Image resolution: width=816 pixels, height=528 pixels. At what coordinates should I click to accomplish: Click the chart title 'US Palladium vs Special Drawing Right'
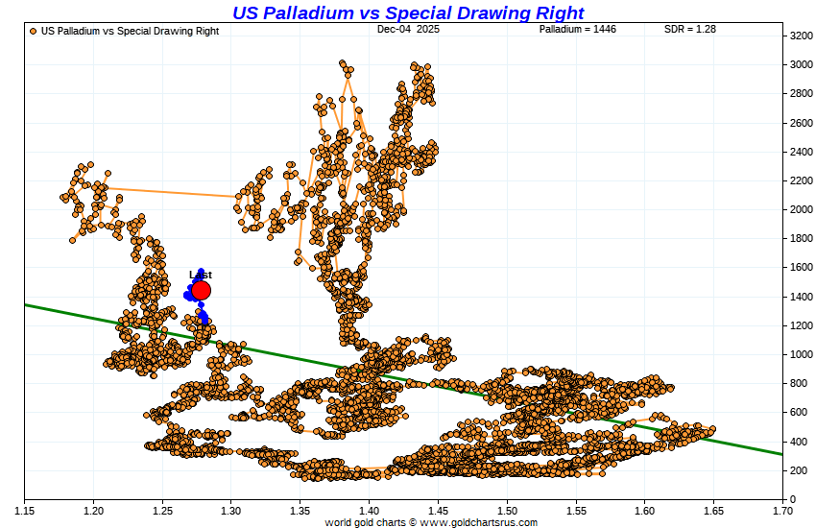click(408, 12)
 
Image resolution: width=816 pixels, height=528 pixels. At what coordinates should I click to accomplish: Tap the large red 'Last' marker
click(201, 291)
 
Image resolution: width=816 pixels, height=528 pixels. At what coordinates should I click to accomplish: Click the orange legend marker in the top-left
click(34, 31)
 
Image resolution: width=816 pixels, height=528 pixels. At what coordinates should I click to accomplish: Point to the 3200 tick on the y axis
click(800, 36)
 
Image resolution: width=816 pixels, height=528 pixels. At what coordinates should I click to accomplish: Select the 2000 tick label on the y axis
click(800, 209)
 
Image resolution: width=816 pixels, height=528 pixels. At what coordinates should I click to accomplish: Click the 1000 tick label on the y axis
click(800, 354)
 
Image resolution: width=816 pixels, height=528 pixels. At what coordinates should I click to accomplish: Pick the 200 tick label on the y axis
click(798, 470)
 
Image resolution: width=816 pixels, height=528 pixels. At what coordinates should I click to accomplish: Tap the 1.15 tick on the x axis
click(24, 509)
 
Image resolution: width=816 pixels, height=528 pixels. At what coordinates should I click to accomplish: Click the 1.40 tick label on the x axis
click(369, 509)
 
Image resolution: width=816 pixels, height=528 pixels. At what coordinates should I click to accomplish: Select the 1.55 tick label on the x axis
click(575, 509)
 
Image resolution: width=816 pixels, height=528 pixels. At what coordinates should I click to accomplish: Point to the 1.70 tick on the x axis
click(781, 509)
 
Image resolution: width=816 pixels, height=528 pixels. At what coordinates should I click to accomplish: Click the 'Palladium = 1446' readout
click(577, 30)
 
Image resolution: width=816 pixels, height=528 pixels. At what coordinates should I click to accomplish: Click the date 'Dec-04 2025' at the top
click(408, 30)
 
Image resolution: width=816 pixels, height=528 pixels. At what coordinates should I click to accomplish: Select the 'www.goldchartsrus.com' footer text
click(478, 522)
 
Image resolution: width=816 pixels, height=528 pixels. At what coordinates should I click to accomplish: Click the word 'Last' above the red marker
click(200, 275)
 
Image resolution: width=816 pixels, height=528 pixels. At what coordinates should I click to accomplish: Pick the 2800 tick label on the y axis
click(800, 93)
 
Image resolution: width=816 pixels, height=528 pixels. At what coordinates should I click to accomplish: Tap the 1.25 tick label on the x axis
click(162, 509)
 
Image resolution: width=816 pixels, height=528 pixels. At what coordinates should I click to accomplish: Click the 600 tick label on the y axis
click(798, 413)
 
